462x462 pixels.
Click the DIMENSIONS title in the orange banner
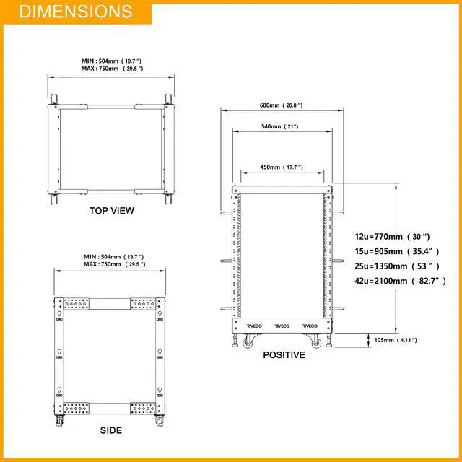pos(76,12)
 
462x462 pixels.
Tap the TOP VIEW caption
pos(112,211)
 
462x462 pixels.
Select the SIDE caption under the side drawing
pos(111,430)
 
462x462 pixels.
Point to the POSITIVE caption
pos(284,354)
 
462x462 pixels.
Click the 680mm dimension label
pos(281,105)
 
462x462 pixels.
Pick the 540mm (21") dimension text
pos(280,126)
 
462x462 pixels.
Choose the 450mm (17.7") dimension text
pos(282,167)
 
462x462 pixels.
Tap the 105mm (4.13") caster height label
pos(396,340)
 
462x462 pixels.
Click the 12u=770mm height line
pos(392,236)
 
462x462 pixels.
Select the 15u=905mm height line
pos(397,251)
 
